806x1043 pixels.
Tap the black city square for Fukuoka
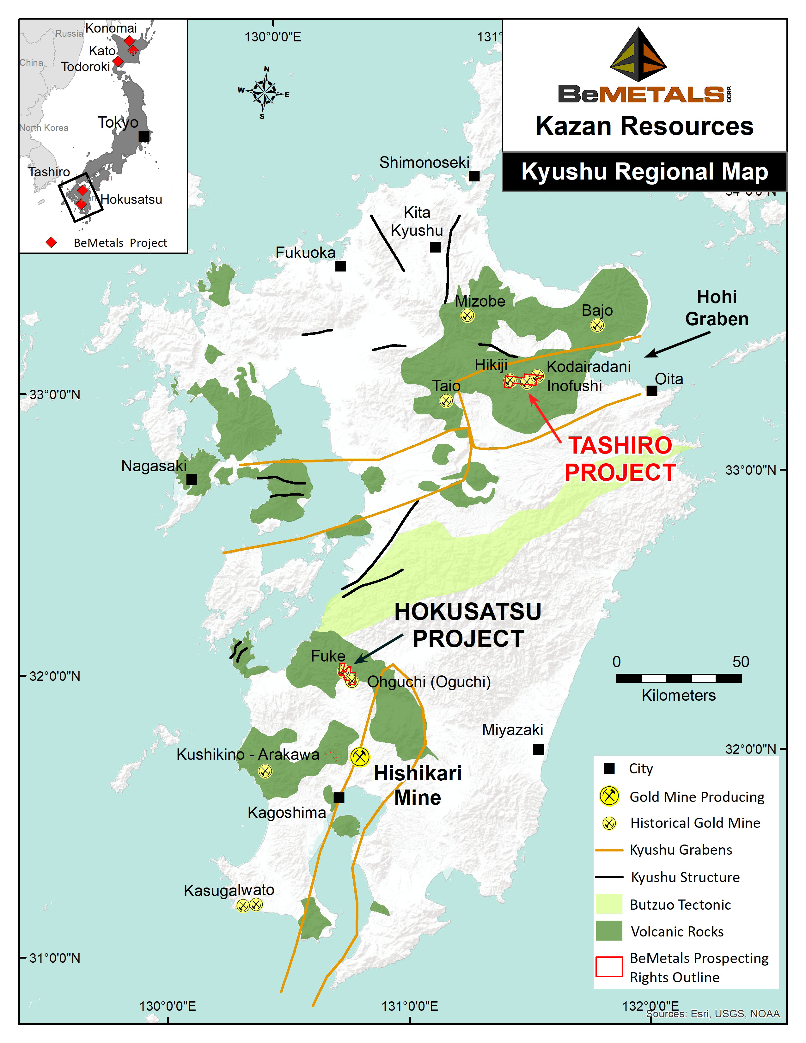click(340, 266)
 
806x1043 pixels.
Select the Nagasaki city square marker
click(192, 479)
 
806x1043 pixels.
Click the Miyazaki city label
click(512, 730)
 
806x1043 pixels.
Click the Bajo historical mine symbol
click(597, 325)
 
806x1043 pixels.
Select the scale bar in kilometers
click(679, 678)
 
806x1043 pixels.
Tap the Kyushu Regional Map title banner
click(644, 172)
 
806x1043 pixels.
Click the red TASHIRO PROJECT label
click(620, 459)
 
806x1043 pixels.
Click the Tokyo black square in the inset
click(144, 136)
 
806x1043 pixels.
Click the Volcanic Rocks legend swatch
click(609, 931)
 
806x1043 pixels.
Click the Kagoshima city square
click(339, 797)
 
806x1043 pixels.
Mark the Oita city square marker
click(651, 391)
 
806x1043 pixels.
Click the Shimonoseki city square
click(474, 176)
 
